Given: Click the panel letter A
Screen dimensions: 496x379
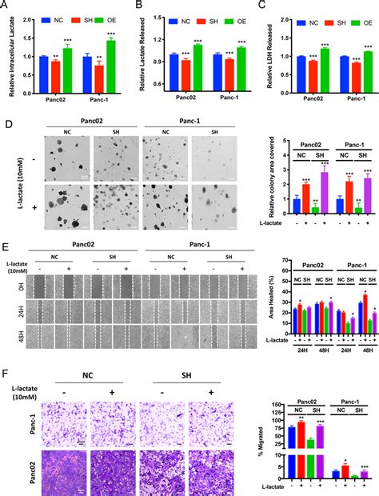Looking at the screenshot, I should coord(6,6).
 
